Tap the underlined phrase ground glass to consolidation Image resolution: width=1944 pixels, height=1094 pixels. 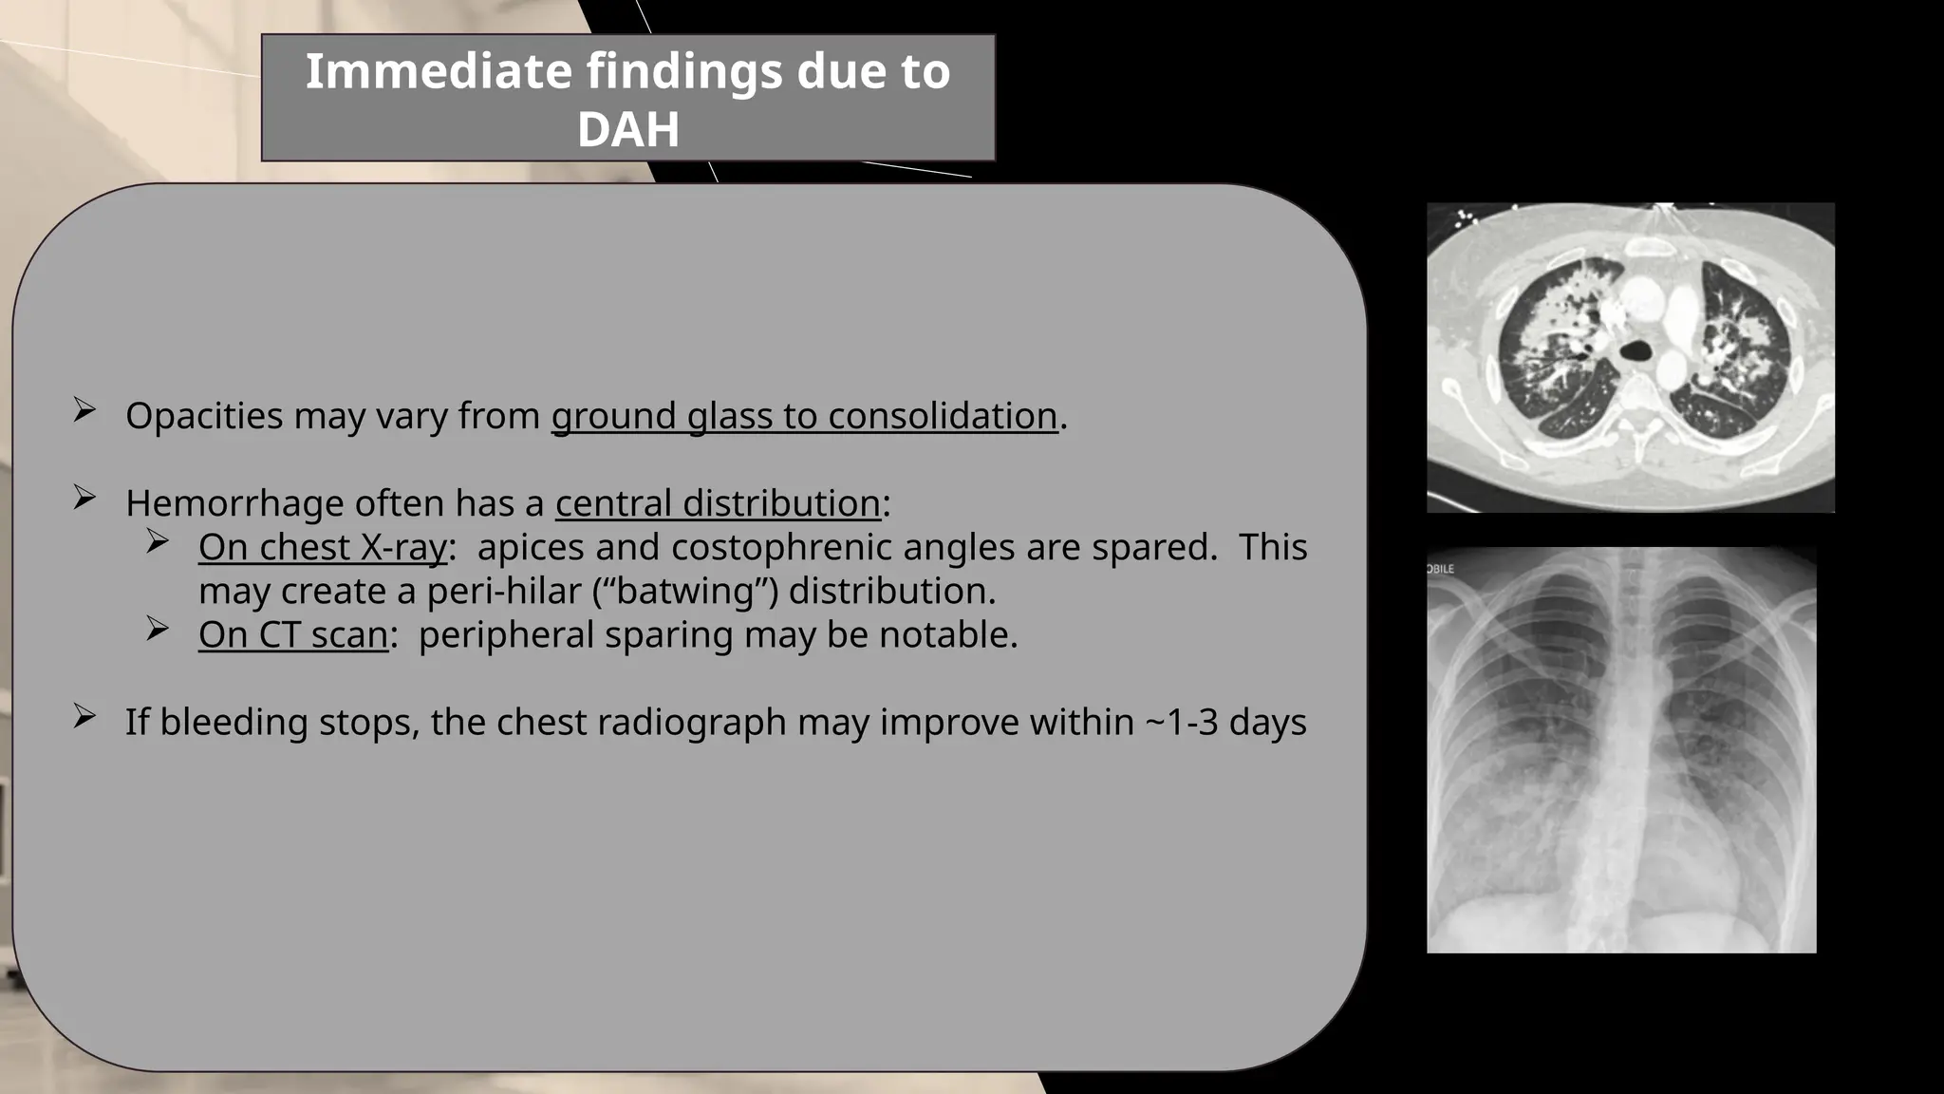[804, 416]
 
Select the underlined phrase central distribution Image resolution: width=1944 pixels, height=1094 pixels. [718, 503]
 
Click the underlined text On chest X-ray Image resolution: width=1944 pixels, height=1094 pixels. [322, 547]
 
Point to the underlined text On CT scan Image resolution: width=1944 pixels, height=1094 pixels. [292, 634]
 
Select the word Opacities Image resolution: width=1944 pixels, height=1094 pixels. [204, 416]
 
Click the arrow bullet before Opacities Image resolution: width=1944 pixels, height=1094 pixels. [84, 410]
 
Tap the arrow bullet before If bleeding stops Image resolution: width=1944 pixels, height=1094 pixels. [84, 717]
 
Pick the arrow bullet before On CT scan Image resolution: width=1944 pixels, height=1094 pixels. [158, 629]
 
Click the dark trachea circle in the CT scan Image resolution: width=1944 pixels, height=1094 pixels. [1636, 351]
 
